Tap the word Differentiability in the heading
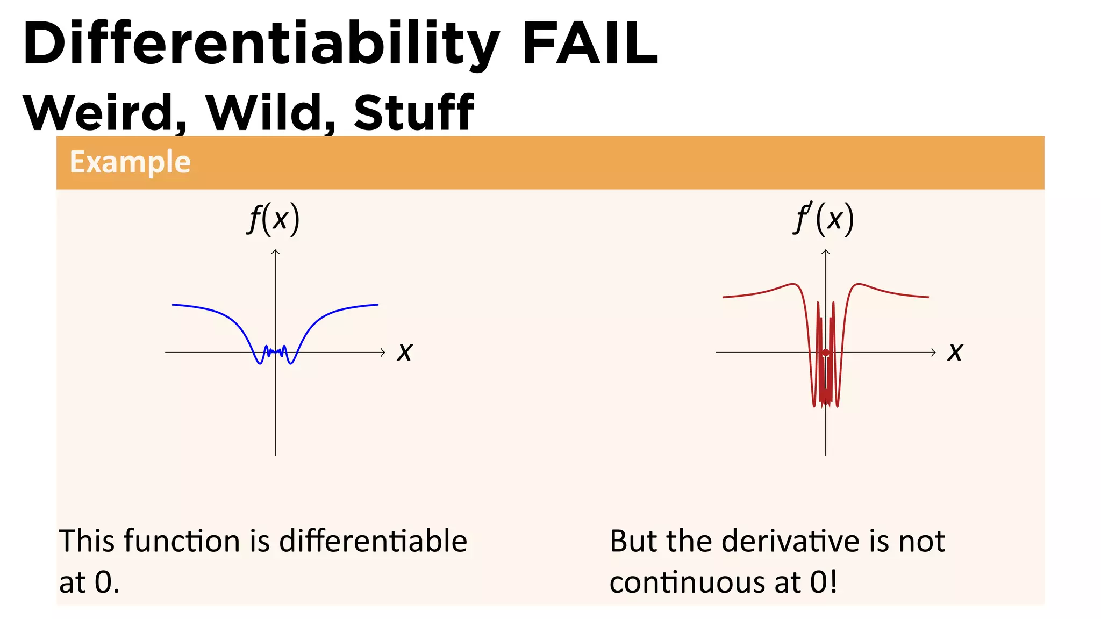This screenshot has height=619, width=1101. coord(261,44)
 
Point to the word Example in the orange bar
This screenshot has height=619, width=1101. coord(130,162)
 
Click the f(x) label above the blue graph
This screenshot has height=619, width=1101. coord(274,219)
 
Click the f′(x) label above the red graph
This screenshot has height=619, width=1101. coord(824,219)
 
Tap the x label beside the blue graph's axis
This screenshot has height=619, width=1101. coord(405,352)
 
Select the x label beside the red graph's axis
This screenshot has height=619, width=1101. coord(955,352)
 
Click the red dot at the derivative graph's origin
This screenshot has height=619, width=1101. coord(826,352)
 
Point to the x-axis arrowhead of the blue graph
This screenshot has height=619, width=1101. coord(383,352)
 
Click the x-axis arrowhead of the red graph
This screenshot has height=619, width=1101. coord(934,352)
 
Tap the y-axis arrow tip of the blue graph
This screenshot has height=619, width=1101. coord(275,251)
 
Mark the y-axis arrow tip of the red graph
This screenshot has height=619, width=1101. coord(826,251)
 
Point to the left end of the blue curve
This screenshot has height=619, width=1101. coord(173,305)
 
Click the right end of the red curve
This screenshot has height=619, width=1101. coord(928,297)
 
